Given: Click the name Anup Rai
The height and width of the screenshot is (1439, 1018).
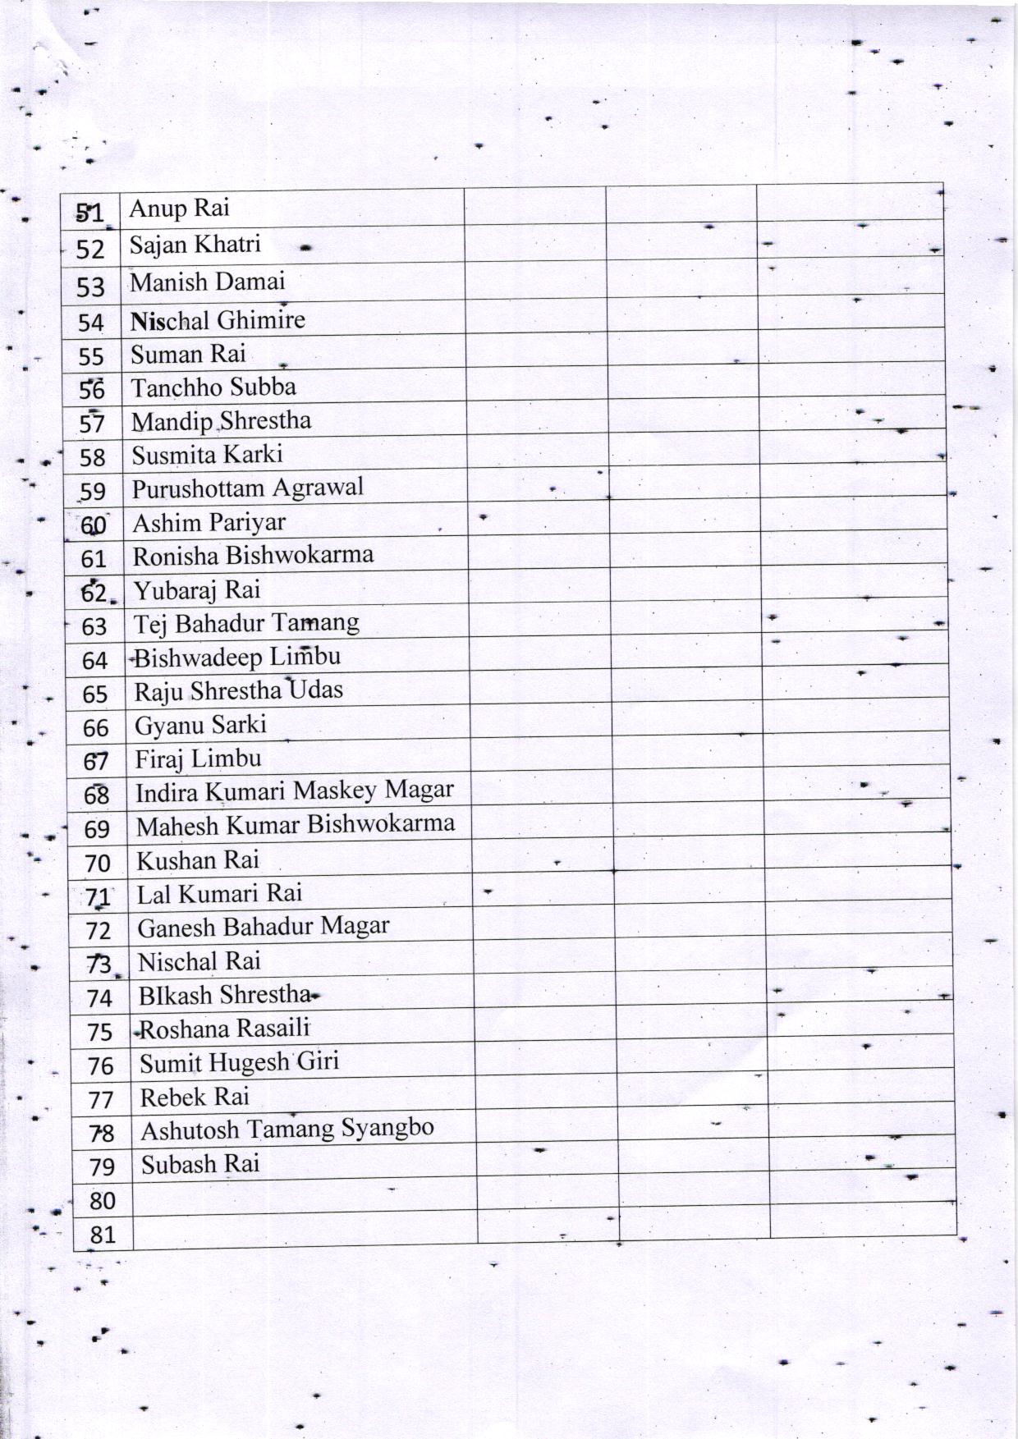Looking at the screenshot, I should [x=179, y=209].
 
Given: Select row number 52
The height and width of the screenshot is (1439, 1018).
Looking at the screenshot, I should [x=90, y=249].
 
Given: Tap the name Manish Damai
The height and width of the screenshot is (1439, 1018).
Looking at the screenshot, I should [x=208, y=282].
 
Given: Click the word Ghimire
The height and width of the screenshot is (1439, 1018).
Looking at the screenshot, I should [x=261, y=319].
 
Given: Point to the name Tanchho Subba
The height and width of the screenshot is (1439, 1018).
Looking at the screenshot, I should [x=213, y=387].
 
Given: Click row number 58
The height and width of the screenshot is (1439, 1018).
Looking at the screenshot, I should [x=93, y=457].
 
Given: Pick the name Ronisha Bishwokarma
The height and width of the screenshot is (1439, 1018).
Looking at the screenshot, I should [x=253, y=556].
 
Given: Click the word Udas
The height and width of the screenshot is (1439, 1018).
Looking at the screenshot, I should [x=315, y=690].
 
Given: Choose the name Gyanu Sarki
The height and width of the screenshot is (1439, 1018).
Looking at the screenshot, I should [x=200, y=725].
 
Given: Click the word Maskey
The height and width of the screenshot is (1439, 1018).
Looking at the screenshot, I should [x=335, y=791].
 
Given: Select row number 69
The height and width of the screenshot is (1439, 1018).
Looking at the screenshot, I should [x=97, y=829].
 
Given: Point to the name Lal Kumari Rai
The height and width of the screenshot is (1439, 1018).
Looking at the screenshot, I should [x=219, y=893].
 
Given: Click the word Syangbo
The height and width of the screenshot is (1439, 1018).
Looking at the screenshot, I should [x=387, y=1128].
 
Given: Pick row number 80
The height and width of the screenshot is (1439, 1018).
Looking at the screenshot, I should [x=102, y=1201].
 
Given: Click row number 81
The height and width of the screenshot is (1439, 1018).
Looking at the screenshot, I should [x=102, y=1235].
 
